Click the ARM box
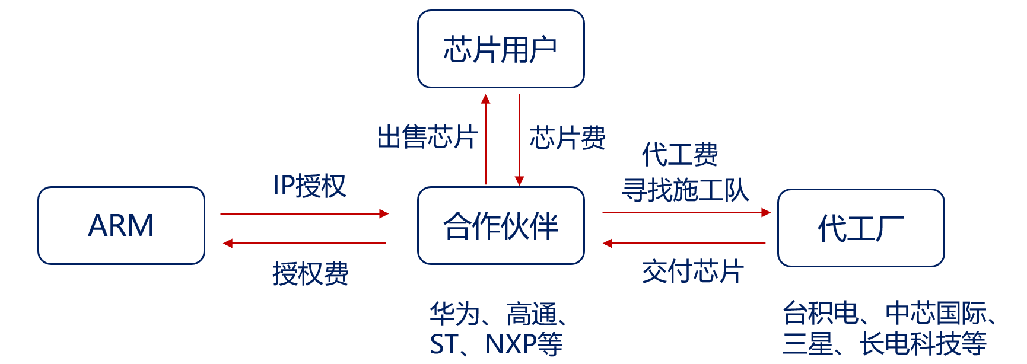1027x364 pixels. click(121, 225)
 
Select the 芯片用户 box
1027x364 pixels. click(501, 49)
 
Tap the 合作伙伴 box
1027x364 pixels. click(501, 225)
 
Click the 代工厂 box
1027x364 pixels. click(860, 228)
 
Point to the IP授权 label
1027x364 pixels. click(309, 186)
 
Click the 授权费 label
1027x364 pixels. click(310, 274)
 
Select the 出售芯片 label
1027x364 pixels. click(427, 138)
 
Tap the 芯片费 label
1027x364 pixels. click(567, 138)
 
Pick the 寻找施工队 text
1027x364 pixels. click(685, 190)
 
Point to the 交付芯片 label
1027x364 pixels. click(692, 272)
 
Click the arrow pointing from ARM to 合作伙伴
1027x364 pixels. click(304, 213)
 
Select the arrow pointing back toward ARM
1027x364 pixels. click(304, 243)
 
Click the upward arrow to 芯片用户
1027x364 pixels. click(485, 139)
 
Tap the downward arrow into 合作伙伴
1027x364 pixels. click(519, 139)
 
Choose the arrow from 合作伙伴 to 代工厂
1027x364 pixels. click(686, 212)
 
